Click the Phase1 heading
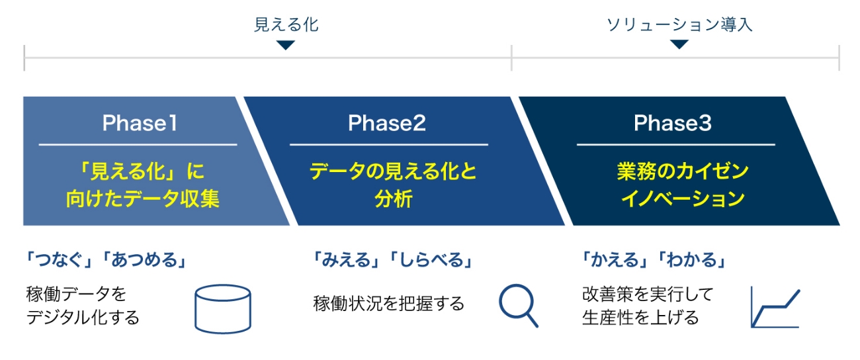pos(140,123)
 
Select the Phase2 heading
pos(387,123)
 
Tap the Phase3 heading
pos(673,123)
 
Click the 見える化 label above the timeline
pos(286,24)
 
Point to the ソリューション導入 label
pos(679,24)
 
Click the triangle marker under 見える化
pos(286,46)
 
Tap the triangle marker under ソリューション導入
pos(679,44)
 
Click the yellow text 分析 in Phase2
pos(393,199)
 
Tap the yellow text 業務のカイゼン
pos(683,171)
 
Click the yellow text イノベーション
pos(683,199)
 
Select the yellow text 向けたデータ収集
pos(143,199)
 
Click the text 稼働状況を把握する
pos(388,304)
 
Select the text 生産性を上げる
pos(640,318)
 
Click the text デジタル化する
pos(83,318)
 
